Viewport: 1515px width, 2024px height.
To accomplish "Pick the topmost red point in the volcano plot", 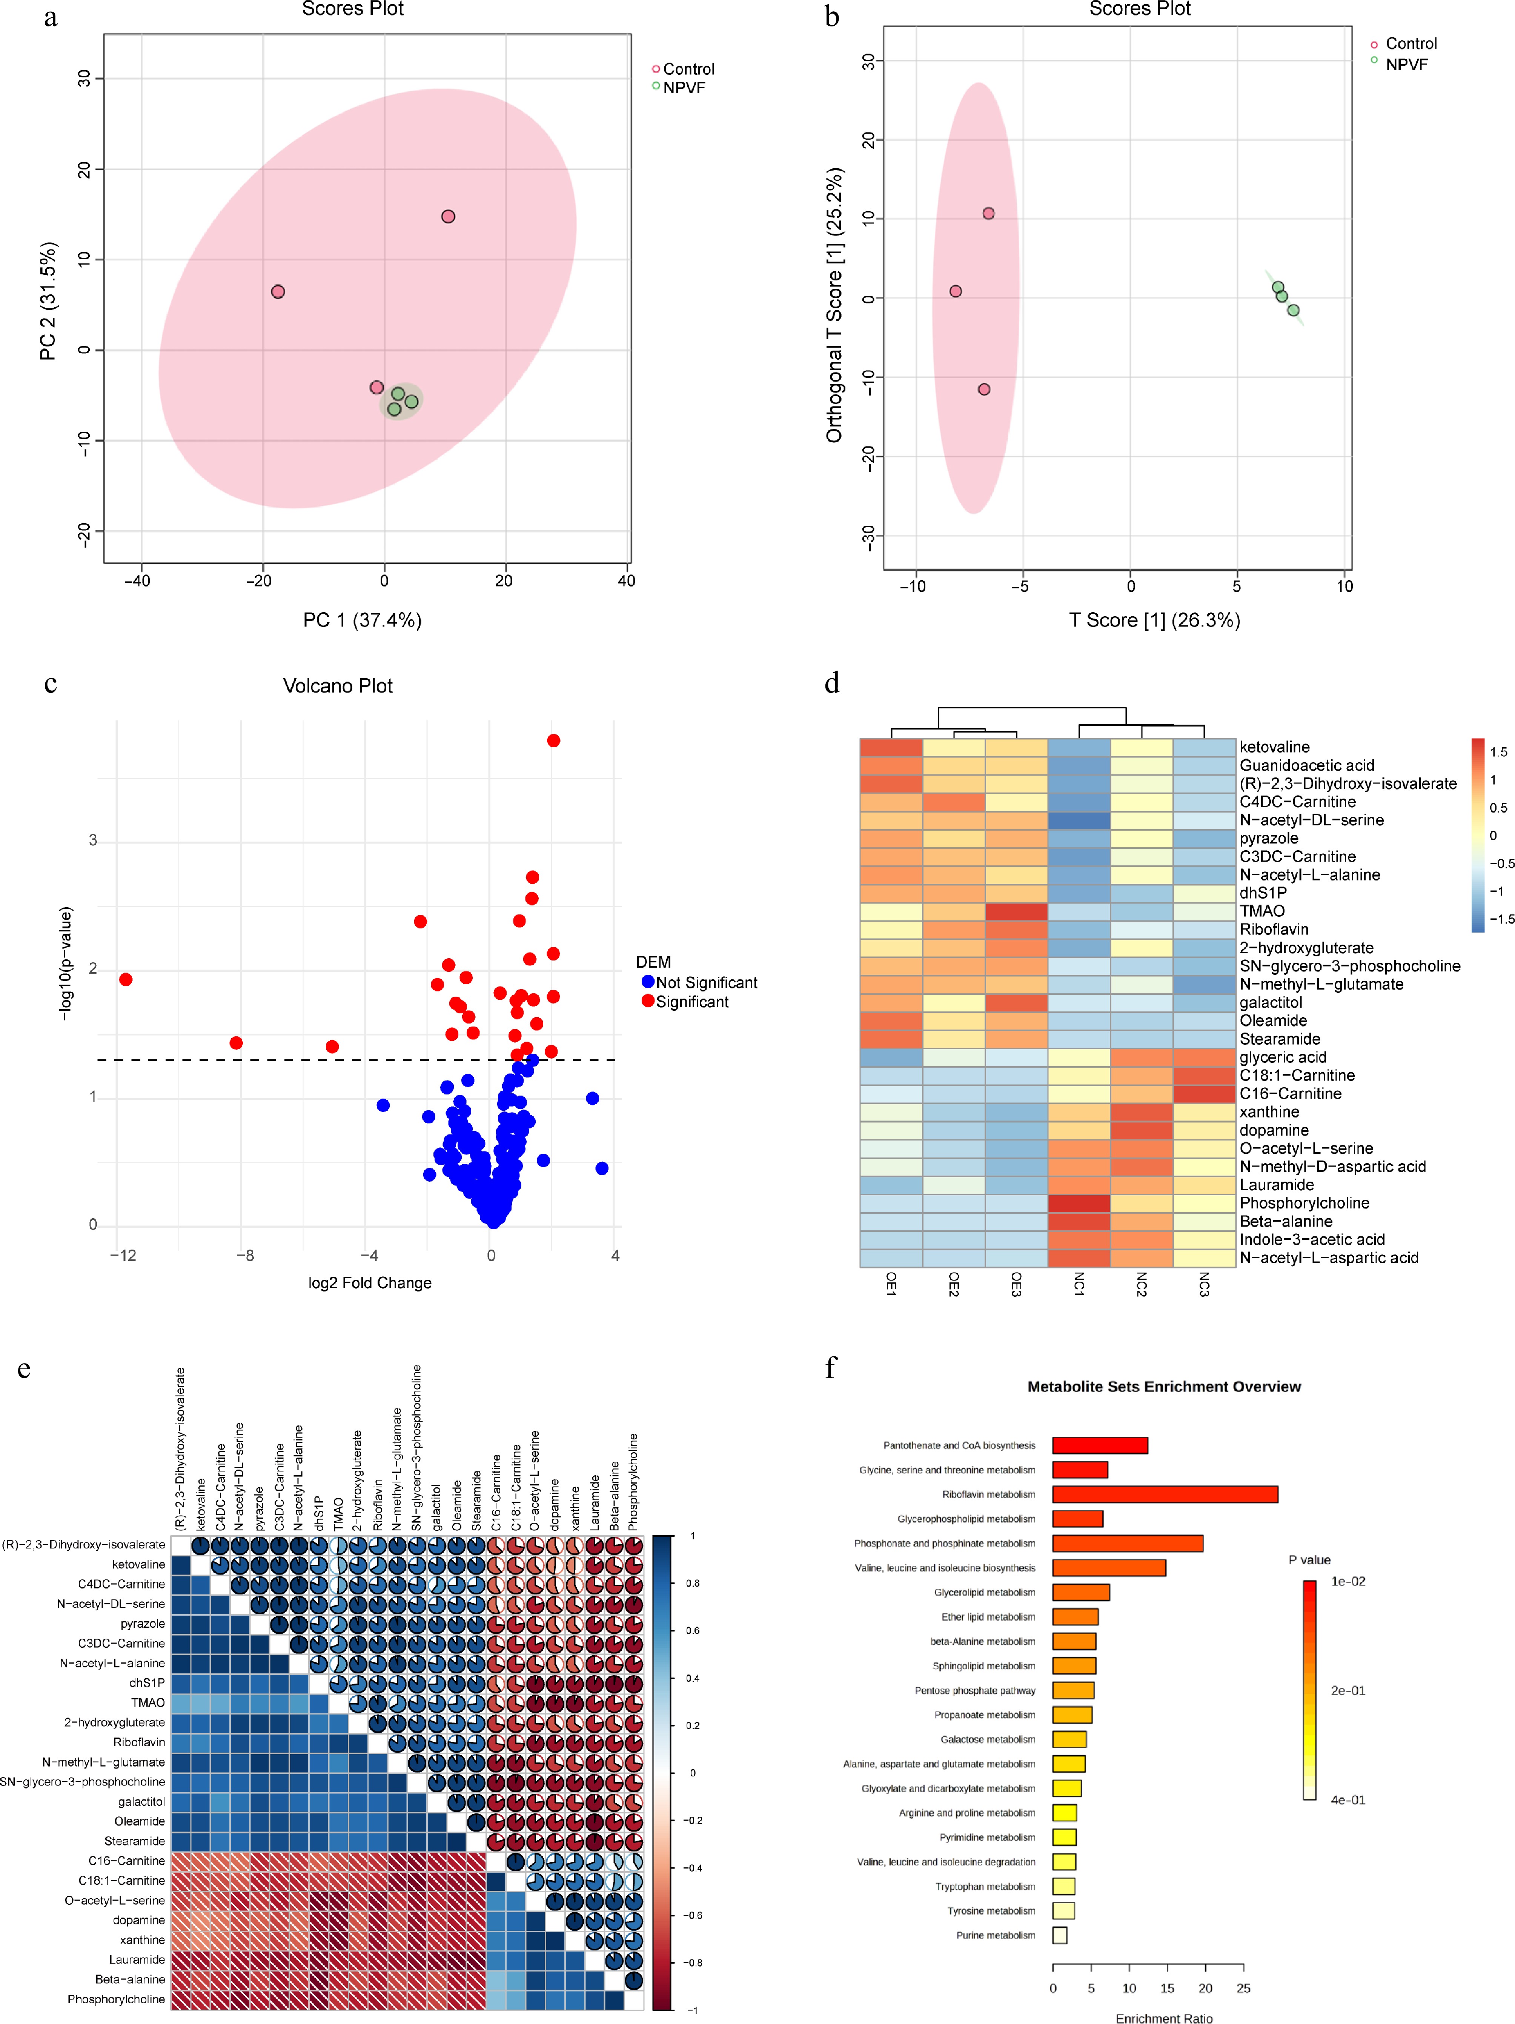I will [x=553, y=740].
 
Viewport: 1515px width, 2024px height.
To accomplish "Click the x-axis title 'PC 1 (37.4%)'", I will [x=362, y=620].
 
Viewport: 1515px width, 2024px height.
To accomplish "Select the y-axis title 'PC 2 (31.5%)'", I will [x=48, y=301].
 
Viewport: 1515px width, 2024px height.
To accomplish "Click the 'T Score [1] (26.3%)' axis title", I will [x=1155, y=620].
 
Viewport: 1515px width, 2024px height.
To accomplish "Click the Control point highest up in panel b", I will [x=988, y=213].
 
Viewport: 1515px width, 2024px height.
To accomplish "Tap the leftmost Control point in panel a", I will [x=278, y=292].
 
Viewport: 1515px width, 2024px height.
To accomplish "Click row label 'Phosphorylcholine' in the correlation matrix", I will [x=116, y=1999].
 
